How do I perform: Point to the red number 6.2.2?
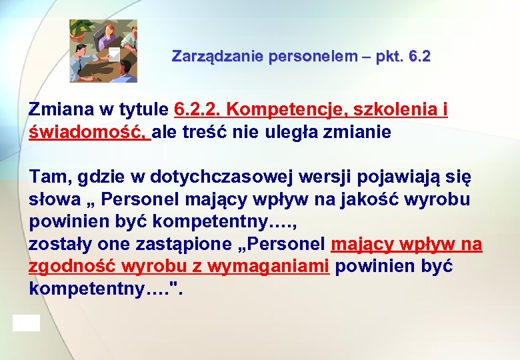(201, 109)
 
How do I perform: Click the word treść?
(226, 132)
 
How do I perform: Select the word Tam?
(49, 177)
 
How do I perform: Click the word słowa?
(51, 199)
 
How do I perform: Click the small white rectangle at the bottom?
(26, 323)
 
